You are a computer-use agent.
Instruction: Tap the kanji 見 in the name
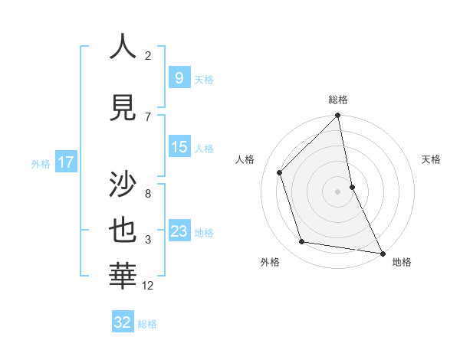pyautogui.click(x=123, y=107)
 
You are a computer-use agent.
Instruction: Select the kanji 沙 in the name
pyautogui.click(x=123, y=184)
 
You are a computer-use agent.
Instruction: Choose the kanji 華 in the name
pyautogui.click(x=123, y=277)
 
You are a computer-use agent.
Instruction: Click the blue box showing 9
pyautogui.click(x=179, y=77)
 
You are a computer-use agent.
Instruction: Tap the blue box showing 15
pyautogui.click(x=179, y=147)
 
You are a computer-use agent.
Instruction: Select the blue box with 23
pyautogui.click(x=179, y=231)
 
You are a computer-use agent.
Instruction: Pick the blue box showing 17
pyautogui.click(x=66, y=162)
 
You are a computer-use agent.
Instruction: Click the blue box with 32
pyautogui.click(x=123, y=322)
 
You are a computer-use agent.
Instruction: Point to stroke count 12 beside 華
pyautogui.click(x=148, y=286)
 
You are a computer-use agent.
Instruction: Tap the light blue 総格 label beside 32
pyautogui.click(x=147, y=324)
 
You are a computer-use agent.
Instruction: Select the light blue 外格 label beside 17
pyautogui.click(x=41, y=163)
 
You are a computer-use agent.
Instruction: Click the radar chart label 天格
pyautogui.click(x=432, y=159)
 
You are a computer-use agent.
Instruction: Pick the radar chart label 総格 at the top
pyautogui.click(x=338, y=100)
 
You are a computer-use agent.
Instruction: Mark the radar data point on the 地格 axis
pyautogui.click(x=382, y=253)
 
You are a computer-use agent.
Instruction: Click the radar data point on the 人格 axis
pyautogui.click(x=280, y=172)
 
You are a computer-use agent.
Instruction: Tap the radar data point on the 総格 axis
pyautogui.click(x=338, y=116)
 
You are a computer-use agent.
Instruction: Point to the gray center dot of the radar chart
pyautogui.click(x=337, y=191)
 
